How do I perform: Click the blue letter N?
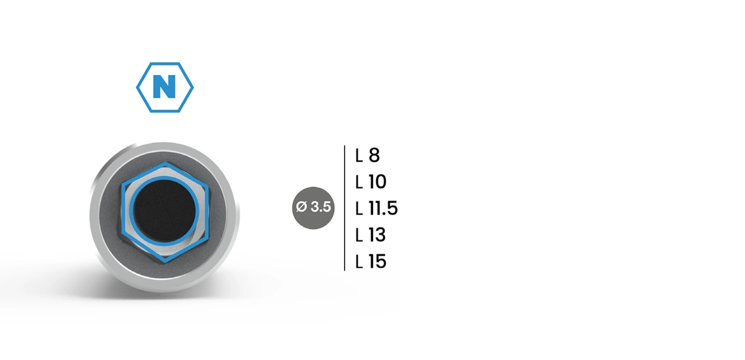(x=165, y=87)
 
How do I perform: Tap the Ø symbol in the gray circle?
(x=301, y=207)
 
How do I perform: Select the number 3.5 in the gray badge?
(x=320, y=207)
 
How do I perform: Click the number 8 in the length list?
(x=374, y=155)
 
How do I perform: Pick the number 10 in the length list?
(x=377, y=182)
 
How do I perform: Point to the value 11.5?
(x=383, y=209)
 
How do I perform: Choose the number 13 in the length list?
(x=377, y=235)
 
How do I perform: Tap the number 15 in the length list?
(x=377, y=261)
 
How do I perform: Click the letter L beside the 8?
(x=359, y=155)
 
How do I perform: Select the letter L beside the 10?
(x=359, y=182)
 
